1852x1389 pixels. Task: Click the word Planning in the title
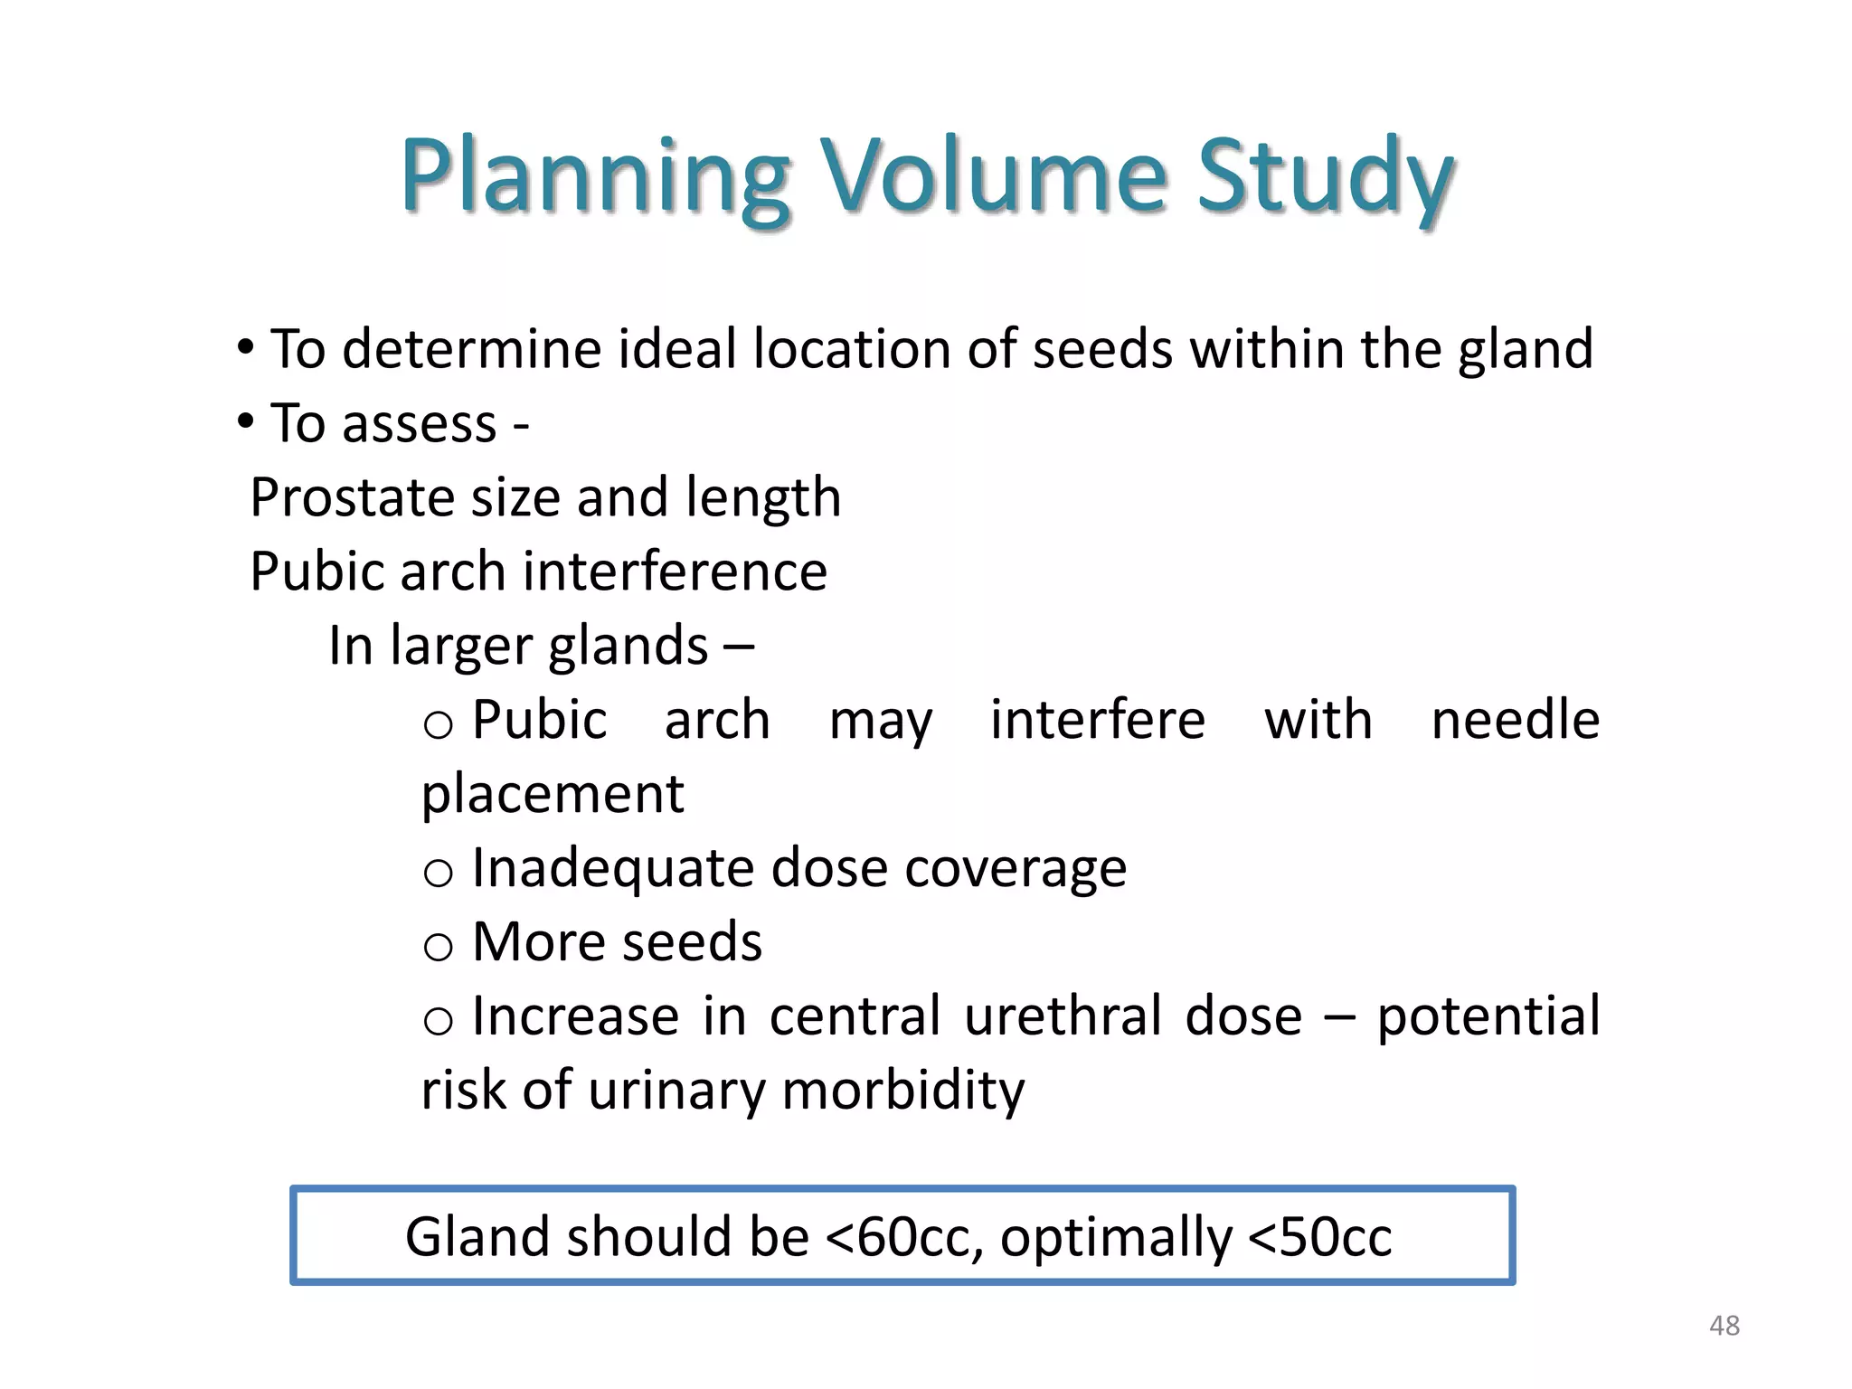point(595,176)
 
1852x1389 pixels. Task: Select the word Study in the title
point(1325,176)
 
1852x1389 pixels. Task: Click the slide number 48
point(1724,1326)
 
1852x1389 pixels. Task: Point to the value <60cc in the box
point(903,1237)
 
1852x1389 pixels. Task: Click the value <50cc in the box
point(1319,1237)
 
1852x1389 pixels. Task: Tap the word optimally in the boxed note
point(1115,1237)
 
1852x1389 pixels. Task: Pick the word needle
point(1515,720)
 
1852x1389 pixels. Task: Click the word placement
point(553,794)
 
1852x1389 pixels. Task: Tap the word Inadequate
point(612,868)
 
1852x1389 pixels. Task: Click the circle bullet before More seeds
point(438,947)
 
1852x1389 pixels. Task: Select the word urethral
point(1063,1016)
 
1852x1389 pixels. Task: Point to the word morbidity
point(902,1090)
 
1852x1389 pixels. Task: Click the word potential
point(1488,1016)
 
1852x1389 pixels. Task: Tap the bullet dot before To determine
point(245,347)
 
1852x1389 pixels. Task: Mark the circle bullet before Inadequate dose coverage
point(438,873)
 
